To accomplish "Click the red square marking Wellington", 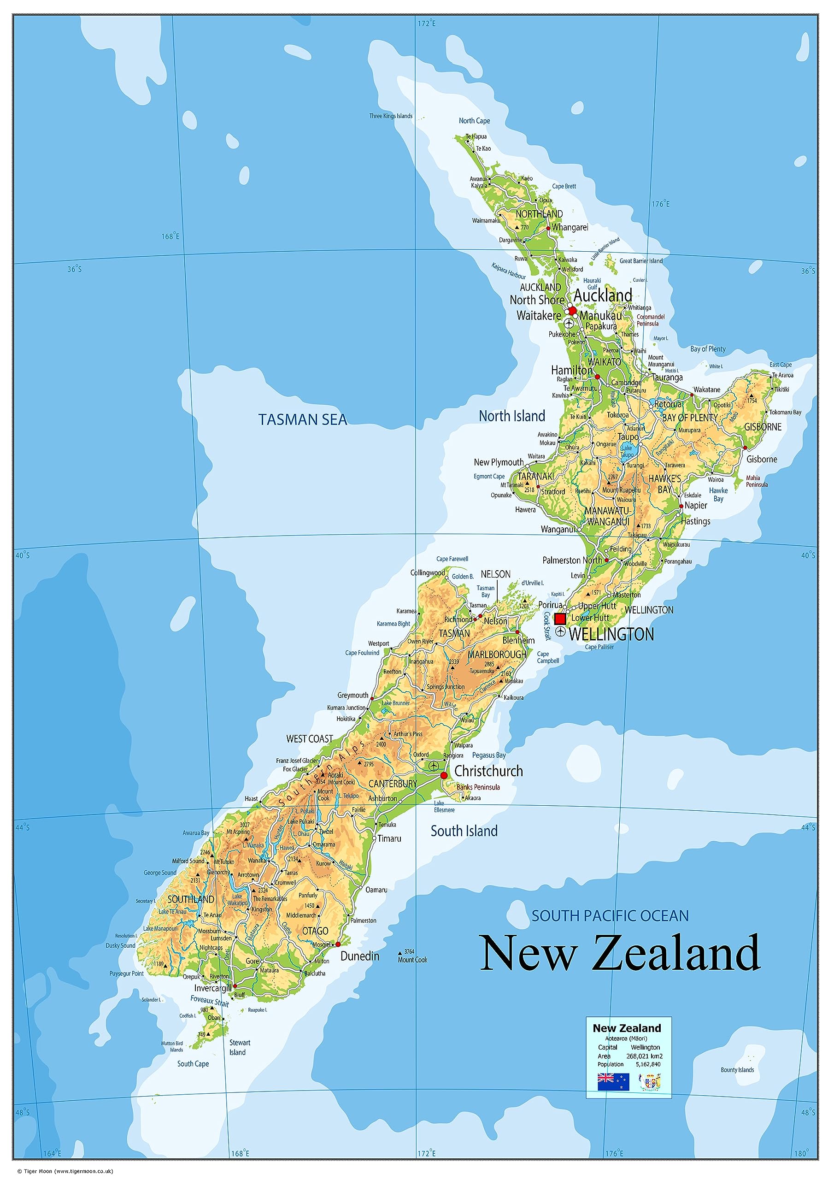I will click(560, 618).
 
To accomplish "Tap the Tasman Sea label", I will click(303, 419).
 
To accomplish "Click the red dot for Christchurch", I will click(444, 775).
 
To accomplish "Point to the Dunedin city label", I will click(360, 956).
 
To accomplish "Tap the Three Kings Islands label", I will click(391, 116).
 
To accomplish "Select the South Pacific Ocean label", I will click(610, 916).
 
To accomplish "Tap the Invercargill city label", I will click(213, 988).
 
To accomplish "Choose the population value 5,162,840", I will click(648, 1064).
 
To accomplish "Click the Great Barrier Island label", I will click(641, 261).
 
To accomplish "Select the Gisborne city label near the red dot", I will click(762, 459).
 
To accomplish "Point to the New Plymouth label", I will click(499, 462).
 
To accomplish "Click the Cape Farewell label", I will click(452, 559).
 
